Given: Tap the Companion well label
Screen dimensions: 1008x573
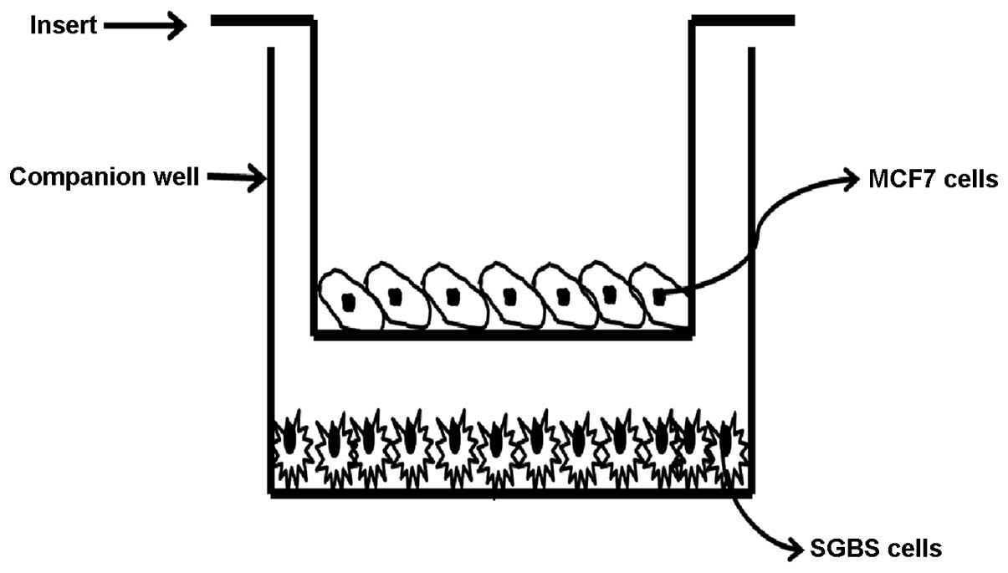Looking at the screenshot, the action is (104, 177).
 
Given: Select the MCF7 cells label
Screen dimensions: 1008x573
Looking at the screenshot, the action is (933, 180).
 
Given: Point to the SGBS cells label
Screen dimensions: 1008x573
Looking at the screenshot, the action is (877, 549).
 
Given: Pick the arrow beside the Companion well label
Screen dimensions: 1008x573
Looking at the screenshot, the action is (235, 177).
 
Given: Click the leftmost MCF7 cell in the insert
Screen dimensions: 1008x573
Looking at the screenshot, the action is (349, 299).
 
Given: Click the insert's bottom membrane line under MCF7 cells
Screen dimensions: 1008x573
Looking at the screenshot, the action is (502, 333).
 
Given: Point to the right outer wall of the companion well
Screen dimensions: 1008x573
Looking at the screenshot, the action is (751, 251).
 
